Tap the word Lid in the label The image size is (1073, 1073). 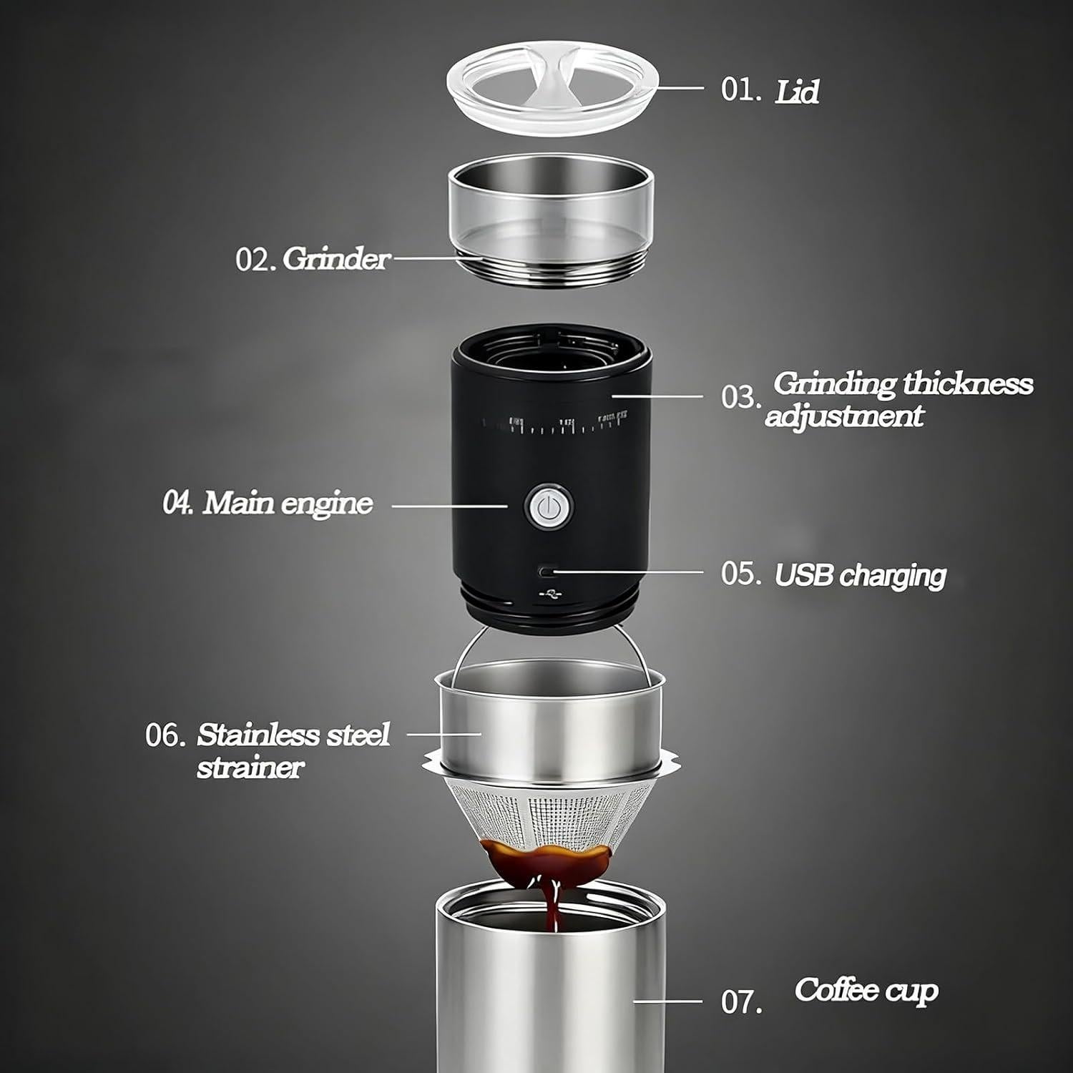796,92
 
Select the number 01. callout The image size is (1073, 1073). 740,90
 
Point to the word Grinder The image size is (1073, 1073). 335,259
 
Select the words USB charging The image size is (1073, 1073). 860,575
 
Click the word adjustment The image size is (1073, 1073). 844,416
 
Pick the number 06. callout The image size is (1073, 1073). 165,735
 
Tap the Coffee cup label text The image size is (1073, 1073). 866,991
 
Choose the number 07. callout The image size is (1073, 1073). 740,1002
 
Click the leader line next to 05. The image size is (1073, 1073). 629,572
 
